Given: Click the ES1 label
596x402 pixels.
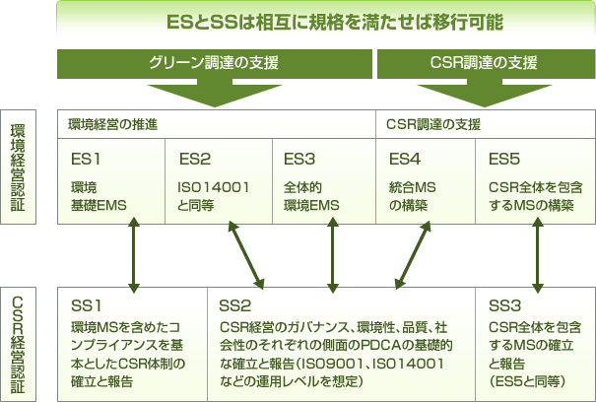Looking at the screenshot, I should click(x=87, y=158).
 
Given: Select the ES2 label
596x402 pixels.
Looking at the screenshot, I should click(x=195, y=158).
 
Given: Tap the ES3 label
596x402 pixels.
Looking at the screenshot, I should click(x=299, y=158).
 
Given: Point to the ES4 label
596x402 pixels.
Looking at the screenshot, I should click(x=405, y=158).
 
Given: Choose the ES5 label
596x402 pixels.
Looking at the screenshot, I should click(x=505, y=158).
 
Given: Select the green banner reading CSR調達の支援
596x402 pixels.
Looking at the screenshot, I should click(x=484, y=64).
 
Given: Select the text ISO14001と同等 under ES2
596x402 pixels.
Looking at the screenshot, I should click(x=212, y=195).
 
